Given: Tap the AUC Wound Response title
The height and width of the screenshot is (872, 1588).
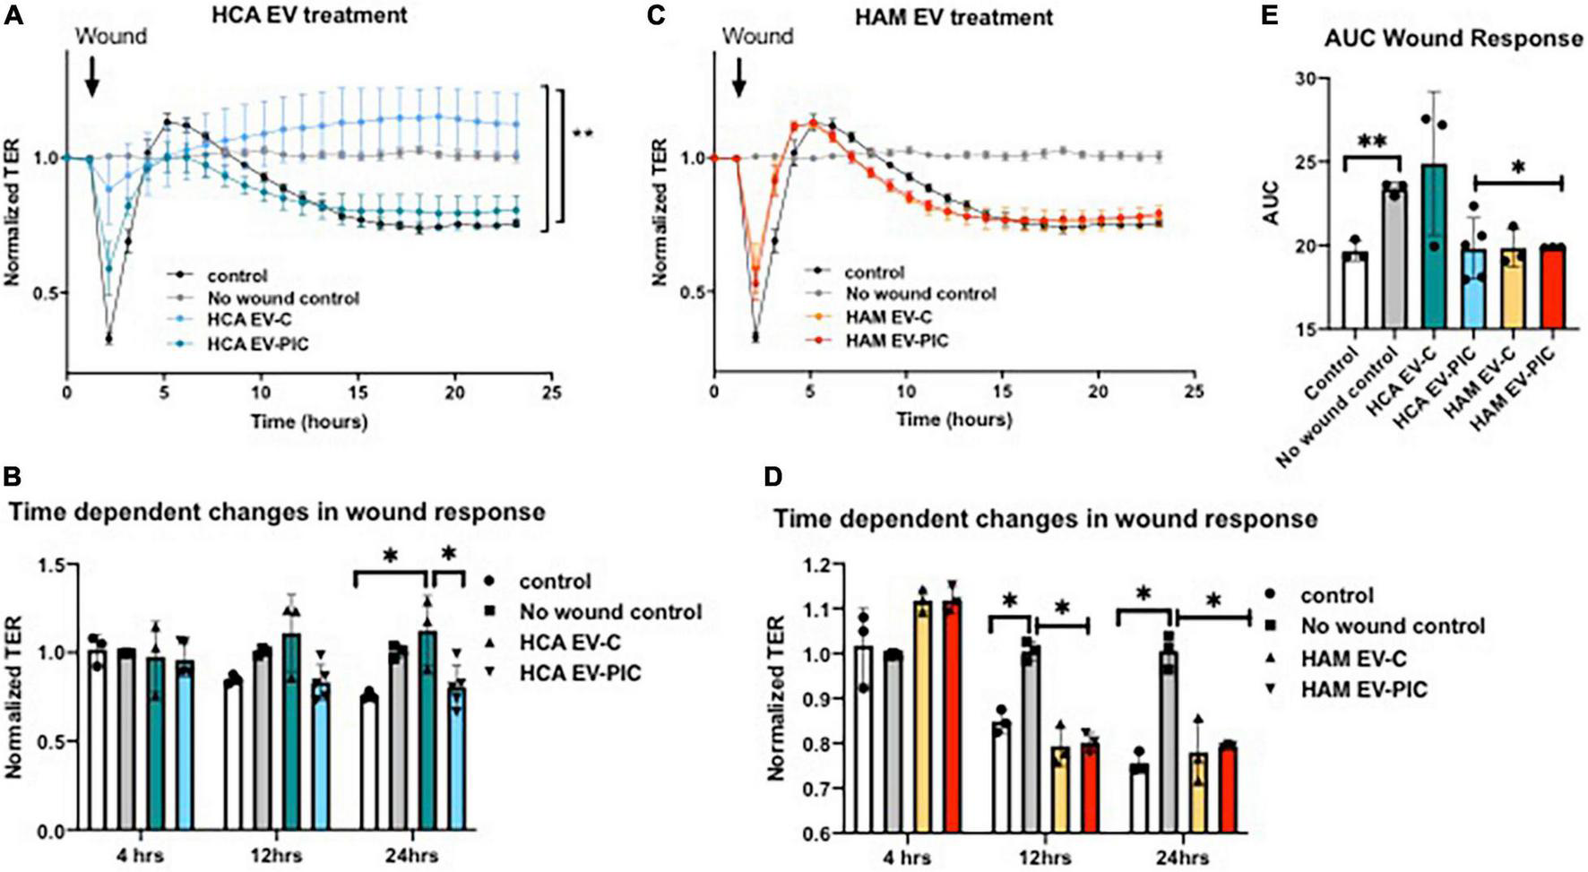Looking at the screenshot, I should tap(1453, 39).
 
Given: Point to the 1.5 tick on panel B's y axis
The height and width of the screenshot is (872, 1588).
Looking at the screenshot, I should tap(52, 566).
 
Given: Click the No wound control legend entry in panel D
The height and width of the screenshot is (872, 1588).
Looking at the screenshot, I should tap(1393, 626).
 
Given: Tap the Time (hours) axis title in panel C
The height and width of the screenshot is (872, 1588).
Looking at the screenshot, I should tap(954, 419).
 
